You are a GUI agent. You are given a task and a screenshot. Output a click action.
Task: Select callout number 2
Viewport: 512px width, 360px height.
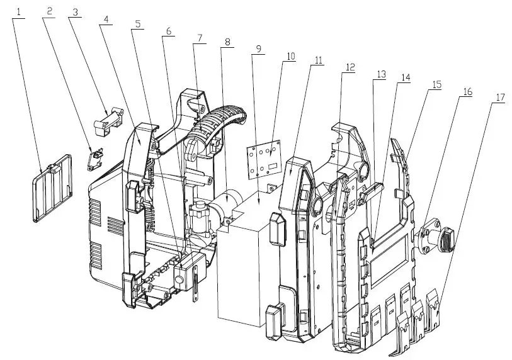tap(48, 10)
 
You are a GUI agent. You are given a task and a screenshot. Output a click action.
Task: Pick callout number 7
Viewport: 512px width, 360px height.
tap(199, 38)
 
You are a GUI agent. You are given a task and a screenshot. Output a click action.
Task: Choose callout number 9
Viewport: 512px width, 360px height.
tap(257, 48)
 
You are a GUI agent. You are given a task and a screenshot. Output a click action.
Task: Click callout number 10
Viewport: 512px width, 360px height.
tap(290, 56)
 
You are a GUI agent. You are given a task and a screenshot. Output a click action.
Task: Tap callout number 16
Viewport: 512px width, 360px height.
tap(467, 91)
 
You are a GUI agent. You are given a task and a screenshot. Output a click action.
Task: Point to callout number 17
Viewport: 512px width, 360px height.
tap(500, 98)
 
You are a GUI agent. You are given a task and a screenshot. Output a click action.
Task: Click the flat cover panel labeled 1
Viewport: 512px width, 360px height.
tap(52, 192)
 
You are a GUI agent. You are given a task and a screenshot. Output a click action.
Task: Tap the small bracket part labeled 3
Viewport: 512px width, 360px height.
tap(109, 120)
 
